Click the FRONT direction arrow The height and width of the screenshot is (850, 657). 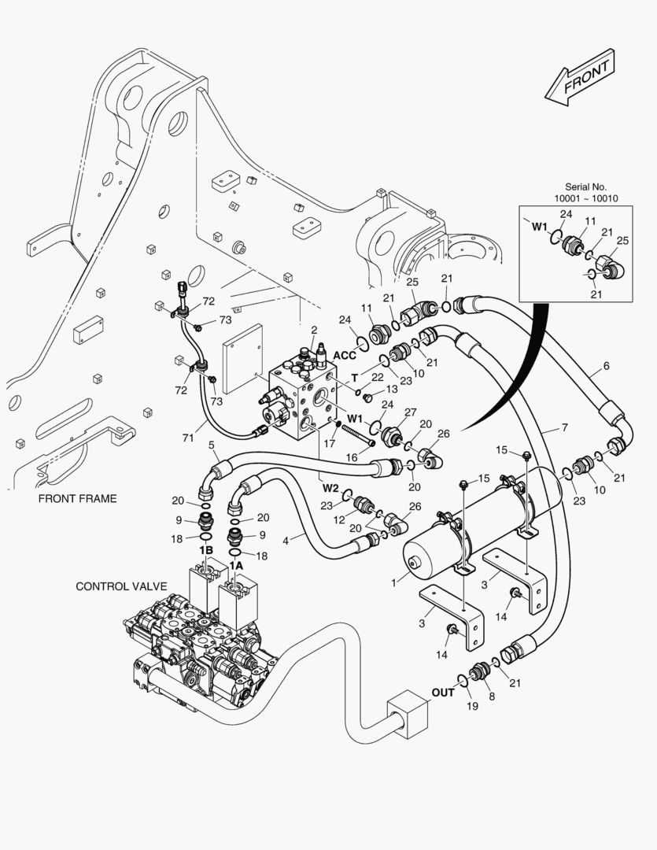coord(579,76)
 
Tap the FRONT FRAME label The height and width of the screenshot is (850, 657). coord(76,498)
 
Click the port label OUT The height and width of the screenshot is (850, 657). coord(443,693)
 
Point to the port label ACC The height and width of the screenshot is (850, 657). coord(345,354)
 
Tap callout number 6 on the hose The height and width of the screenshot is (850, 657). coord(606,366)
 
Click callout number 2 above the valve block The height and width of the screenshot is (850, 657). coord(314,330)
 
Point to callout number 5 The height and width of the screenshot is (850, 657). coord(212,445)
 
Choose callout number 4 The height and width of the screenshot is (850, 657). coord(285,540)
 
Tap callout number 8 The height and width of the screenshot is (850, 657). coord(493,696)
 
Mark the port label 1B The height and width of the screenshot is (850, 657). coord(206,549)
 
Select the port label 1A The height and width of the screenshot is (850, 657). coord(236,565)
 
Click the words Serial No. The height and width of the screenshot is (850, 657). coord(587,187)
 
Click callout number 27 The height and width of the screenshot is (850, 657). coord(409,412)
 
